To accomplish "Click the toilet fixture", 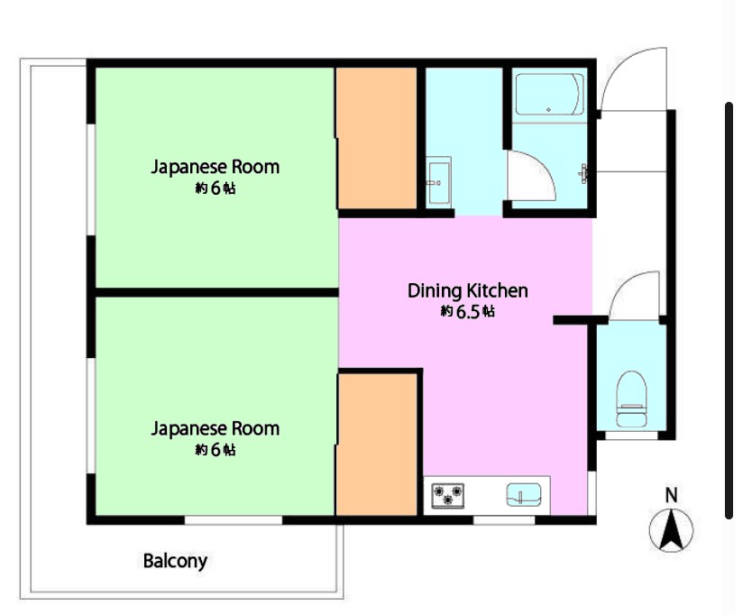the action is (x=631, y=399).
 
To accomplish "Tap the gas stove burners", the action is (x=448, y=496).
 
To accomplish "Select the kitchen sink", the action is (x=524, y=495).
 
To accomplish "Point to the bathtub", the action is (x=550, y=95).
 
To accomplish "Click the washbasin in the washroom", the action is (x=439, y=180).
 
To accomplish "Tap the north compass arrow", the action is (x=671, y=530).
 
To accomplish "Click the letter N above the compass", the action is (x=672, y=495).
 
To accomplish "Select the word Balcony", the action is (x=175, y=561).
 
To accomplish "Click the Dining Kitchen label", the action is (x=468, y=290).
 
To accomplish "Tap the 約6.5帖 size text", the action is (x=468, y=312).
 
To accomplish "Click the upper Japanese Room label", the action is (x=216, y=167).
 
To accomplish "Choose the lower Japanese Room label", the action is (x=216, y=428).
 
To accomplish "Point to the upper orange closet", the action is (x=376, y=138).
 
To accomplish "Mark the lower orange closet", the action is (x=376, y=445).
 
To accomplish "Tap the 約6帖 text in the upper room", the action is (x=216, y=188).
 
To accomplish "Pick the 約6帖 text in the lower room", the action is (x=216, y=449).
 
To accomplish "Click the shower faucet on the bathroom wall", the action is (x=583, y=173).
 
